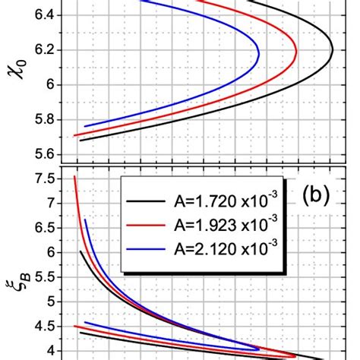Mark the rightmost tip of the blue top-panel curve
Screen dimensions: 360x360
coord(260,54)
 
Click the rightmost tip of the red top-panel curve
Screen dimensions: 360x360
coord(297,52)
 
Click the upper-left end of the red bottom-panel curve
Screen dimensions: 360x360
coord(74,176)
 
